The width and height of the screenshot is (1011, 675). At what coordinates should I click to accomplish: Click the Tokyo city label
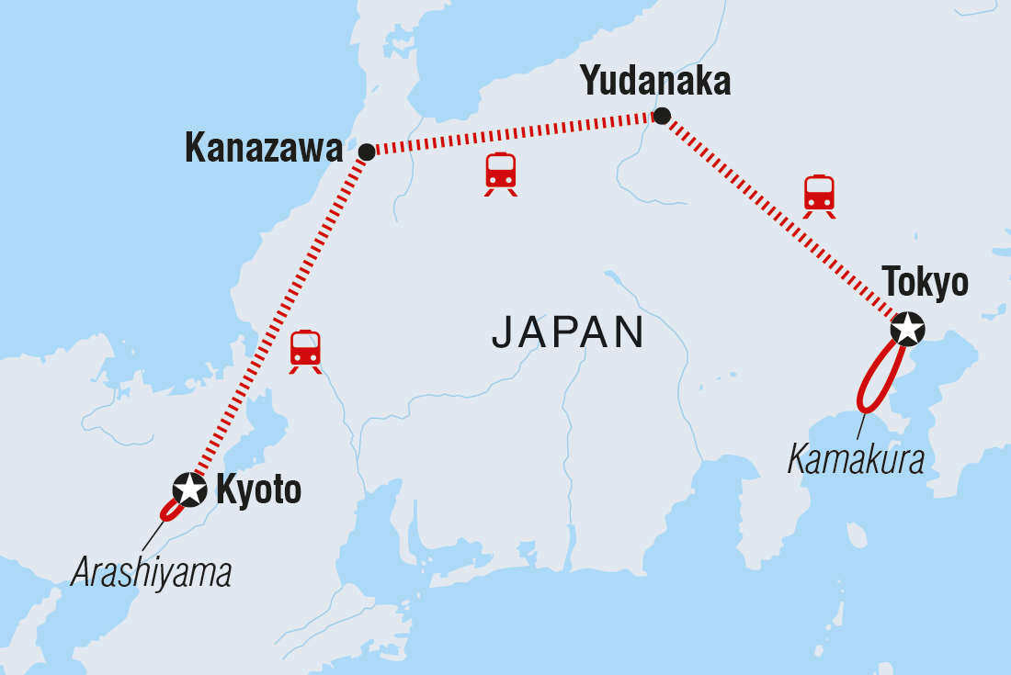pos(925,283)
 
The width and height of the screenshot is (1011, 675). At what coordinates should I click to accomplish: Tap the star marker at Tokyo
pos(907,329)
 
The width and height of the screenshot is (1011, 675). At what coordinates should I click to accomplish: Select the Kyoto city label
pos(258,490)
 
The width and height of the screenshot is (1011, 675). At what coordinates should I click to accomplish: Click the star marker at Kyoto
pos(190,489)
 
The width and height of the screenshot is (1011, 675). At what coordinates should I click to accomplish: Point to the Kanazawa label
pos(264,148)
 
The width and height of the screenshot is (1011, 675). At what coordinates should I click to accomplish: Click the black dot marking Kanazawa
pos(367,152)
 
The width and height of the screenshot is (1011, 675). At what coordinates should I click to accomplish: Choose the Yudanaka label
pos(656,83)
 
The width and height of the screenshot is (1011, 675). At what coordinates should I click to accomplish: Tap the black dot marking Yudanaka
pos(662,116)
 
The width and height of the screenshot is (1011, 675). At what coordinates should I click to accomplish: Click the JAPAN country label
pos(567,332)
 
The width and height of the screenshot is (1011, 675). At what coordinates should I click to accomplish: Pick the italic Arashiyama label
pos(152,573)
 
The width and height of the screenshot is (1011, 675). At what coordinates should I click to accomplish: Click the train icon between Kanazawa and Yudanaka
pos(501,174)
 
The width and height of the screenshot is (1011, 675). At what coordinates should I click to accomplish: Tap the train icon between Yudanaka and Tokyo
pos(819,196)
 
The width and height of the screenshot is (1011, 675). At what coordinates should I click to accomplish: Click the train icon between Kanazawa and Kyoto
pos(305,351)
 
